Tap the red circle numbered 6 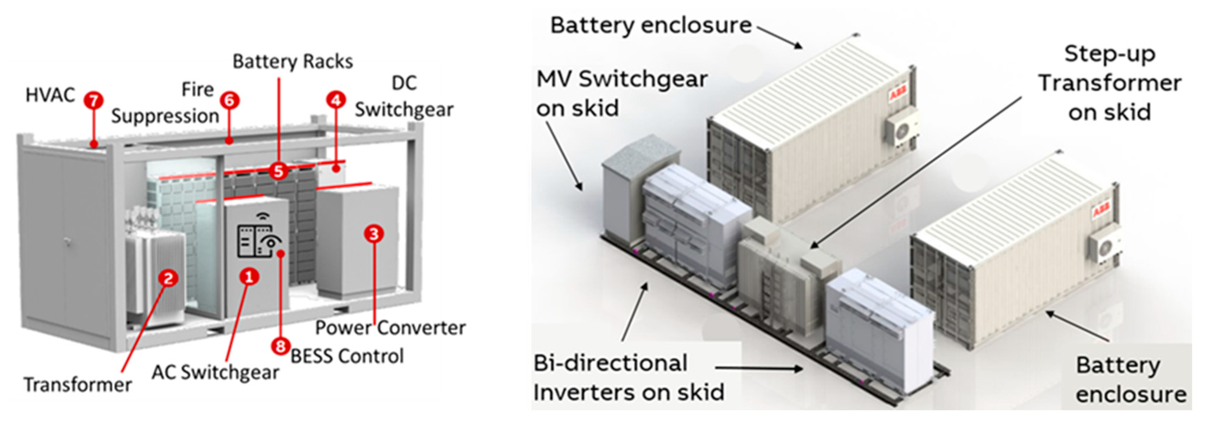(230, 100)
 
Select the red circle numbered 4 (336, 100)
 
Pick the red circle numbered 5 (278, 171)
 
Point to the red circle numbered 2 (168, 279)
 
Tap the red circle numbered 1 (249, 277)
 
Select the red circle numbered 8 (280, 347)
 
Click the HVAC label (50, 95)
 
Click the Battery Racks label (293, 62)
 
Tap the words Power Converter (390, 328)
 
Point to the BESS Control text (347, 356)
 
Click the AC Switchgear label (215, 372)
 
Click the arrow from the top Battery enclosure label (780, 37)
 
